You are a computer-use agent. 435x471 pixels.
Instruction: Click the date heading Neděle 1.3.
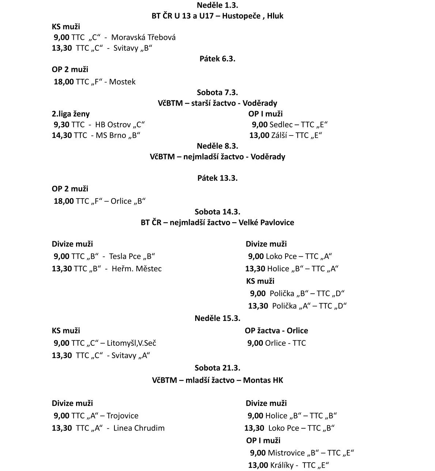(217, 5)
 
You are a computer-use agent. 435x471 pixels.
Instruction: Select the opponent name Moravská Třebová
(143, 37)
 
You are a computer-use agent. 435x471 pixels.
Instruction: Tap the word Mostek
(122, 82)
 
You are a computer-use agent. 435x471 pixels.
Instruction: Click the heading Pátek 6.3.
(217, 59)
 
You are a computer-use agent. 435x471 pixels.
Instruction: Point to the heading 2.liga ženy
(71, 114)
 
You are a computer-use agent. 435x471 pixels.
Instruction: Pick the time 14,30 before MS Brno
(62, 135)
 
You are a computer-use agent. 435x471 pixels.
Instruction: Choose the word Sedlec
(281, 125)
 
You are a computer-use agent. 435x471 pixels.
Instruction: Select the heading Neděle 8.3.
(217, 146)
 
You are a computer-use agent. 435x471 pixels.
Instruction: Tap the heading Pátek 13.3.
(217, 178)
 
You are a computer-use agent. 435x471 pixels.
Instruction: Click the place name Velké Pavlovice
(266, 222)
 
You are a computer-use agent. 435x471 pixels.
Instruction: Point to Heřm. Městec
(136, 269)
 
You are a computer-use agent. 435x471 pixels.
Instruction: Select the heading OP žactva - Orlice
(276, 331)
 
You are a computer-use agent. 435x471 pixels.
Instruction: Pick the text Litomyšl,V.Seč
(132, 343)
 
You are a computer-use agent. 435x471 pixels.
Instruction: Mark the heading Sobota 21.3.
(217, 368)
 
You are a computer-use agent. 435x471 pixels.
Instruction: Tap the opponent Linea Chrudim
(139, 428)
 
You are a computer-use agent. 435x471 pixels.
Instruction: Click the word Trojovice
(122, 416)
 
